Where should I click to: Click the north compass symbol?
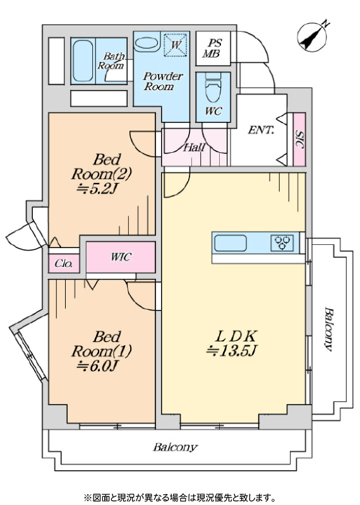[312, 37]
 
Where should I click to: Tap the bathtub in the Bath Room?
[83, 61]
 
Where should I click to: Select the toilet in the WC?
[213, 87]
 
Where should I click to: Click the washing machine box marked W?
[176, 45]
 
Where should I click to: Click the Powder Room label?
[162, 81]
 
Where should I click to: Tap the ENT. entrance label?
[261, 130]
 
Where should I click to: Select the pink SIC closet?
[299, 139]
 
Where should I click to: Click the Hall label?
[194, 148]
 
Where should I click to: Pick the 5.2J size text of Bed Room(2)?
[96, 190]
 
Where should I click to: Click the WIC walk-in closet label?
[121, 257]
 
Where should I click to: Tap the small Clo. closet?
[64, 263]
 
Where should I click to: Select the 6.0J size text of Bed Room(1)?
[97, 366]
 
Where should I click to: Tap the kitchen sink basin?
[231, 243]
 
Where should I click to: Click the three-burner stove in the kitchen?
[282, 243]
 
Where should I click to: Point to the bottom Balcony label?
[175, 448]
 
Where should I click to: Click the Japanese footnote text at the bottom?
[180, 497]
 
